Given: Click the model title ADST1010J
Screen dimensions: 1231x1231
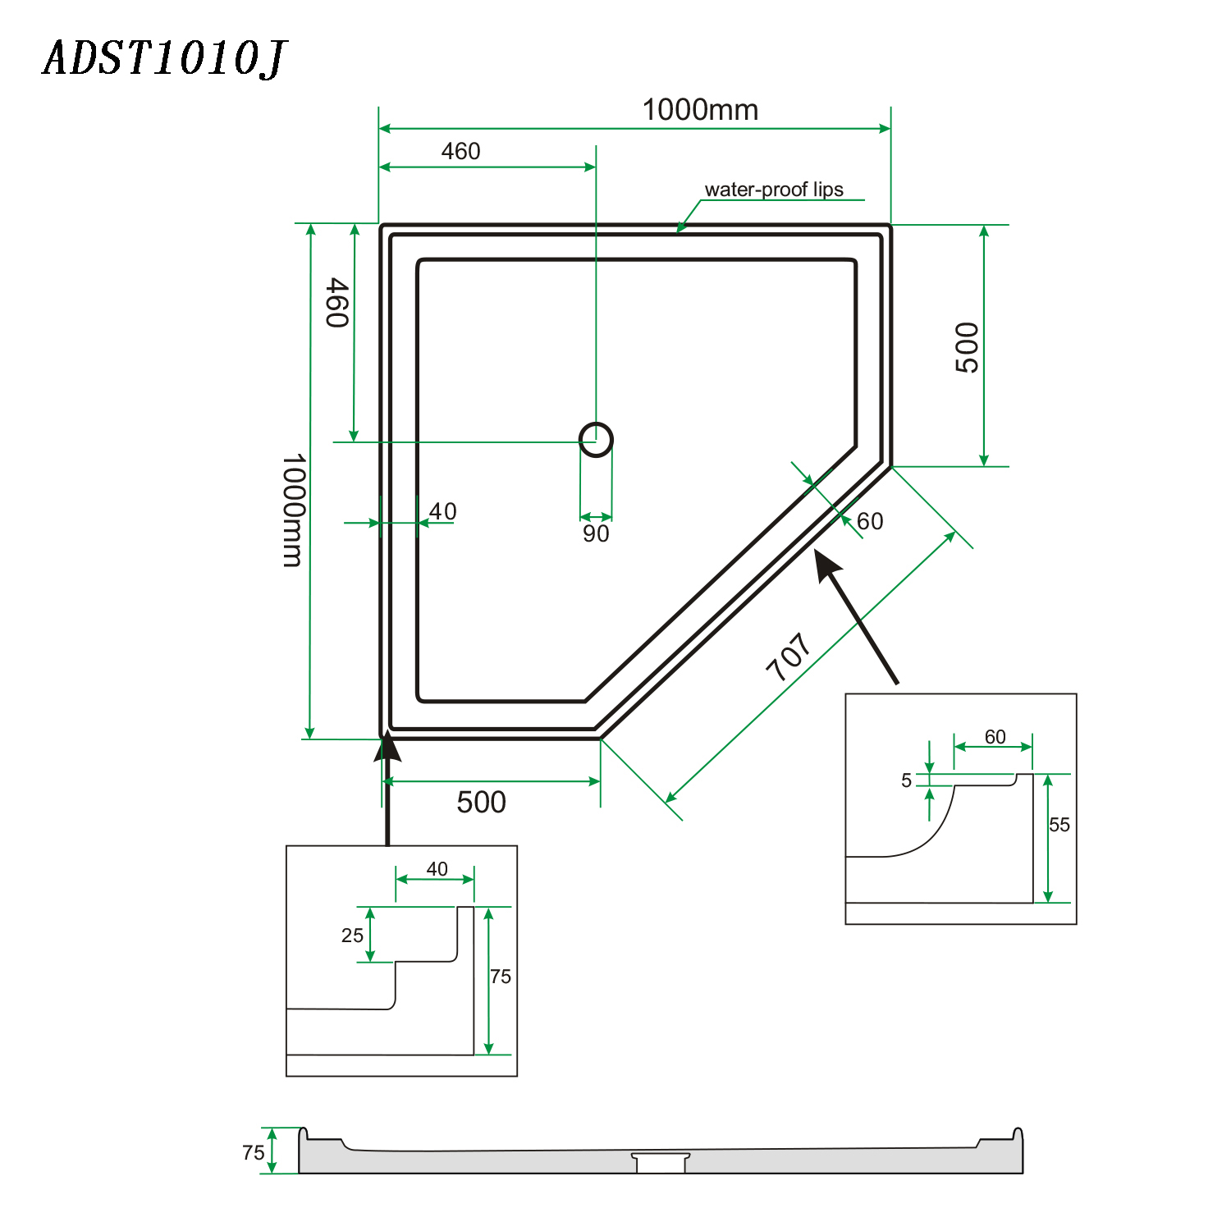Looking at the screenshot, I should tap(164, 59).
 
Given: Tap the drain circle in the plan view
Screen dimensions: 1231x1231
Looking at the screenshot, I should tap(596, 439).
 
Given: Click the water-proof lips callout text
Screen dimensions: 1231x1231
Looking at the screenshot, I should tap(773, 190).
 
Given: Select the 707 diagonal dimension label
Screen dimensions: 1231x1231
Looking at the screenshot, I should tap(789, 657).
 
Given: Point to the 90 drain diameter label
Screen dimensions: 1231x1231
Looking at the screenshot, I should tap(596, 534).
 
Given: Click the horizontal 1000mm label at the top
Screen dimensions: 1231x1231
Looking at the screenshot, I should tap(700, 110).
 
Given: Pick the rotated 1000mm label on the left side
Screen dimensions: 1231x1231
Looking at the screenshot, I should tap(293, 510).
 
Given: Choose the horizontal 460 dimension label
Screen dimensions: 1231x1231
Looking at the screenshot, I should tap(460, 152).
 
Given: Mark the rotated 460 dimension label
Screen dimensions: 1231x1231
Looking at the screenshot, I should tap(337, 302).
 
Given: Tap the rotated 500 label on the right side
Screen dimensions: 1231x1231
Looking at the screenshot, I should tap(968, 347).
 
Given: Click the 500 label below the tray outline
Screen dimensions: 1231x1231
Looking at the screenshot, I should tap(481, 802).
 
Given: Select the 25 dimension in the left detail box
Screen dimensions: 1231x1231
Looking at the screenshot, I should tap(352, 936).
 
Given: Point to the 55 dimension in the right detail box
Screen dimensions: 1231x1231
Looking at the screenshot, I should tap(1059, 825).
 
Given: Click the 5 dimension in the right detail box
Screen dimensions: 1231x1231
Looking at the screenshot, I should tap(906, 780).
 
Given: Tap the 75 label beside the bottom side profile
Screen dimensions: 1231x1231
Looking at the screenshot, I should tap(254, 1153).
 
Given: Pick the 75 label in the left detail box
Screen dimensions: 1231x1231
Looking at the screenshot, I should tap(501, 977).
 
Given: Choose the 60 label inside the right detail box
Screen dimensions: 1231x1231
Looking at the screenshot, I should tap(995, 737).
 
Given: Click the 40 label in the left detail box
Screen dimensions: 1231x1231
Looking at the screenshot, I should tap(437, 869).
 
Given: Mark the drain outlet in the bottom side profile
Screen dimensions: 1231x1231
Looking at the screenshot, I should tap(661, 1162).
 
